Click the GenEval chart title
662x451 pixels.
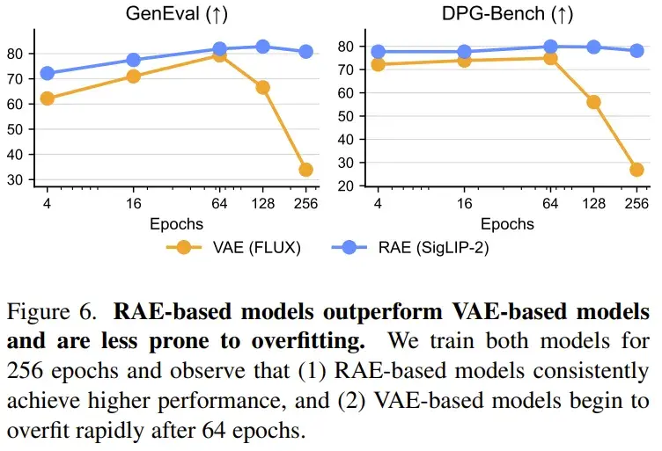[x=176, y=14]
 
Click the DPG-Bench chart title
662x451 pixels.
[x=507, y=14]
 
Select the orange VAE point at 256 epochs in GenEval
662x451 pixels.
[x=305, y=170]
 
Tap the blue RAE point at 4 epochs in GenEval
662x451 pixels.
[x=47, y=73]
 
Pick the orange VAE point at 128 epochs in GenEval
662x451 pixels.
[x=262, y=87]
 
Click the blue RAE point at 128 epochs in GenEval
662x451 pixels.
[x=262, y=47]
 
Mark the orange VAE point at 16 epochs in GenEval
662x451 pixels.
[x=134, y=76]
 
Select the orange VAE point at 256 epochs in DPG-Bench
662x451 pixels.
[x=636, y=170]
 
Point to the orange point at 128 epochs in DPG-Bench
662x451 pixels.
[x=593, y=102]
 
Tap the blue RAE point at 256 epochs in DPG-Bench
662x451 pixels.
[x=636, y=51]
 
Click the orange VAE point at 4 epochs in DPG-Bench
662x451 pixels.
[x=378, y=64]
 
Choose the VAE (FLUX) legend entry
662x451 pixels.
[x=233, y=247]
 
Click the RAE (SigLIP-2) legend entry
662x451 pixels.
[x=410, y=247]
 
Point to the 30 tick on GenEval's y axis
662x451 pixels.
[x=15, y=180]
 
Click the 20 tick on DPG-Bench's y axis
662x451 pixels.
[x=346, y=185]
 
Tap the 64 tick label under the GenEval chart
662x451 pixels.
[x=219, y=204]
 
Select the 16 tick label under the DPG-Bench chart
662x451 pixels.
[x=465, y=204]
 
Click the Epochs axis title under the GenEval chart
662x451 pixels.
[x=176, y=224]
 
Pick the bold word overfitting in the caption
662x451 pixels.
[x=308, y=341]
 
